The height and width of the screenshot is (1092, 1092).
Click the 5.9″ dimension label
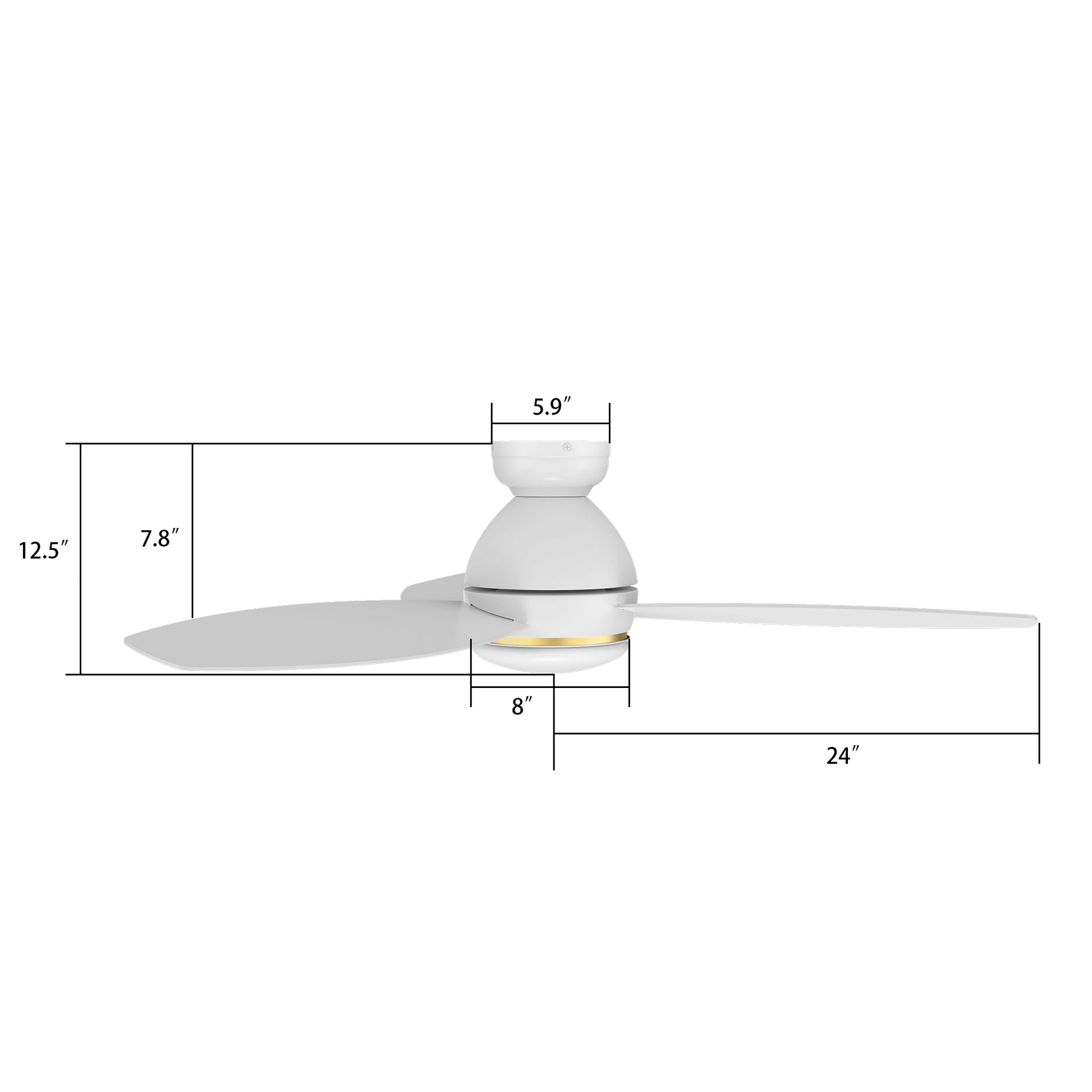click(552, 407)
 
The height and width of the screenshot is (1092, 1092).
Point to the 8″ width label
click(522, 706)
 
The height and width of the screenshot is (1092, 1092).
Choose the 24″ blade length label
click(843, 756)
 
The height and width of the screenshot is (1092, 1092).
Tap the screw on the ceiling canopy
click(566, 447)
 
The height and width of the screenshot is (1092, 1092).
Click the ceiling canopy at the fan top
click(550, 469)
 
